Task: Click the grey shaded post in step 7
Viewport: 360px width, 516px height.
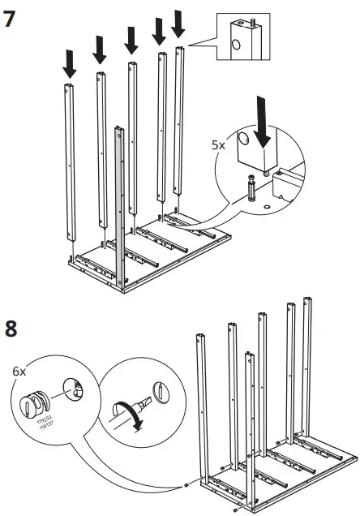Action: (x=120, y=211)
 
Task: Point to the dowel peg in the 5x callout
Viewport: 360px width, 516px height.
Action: (x=251, y=189)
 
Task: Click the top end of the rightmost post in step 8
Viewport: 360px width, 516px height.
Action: (x=306, y=301)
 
